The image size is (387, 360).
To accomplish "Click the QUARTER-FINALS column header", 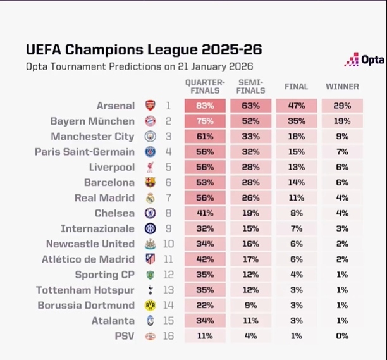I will point(205,87).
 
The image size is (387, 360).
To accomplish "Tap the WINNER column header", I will point(342,87).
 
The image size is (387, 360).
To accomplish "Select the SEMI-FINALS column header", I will point(251,87).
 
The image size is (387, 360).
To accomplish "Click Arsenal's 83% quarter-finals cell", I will point(205,106).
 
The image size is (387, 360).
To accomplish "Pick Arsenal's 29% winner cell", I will point(342,106).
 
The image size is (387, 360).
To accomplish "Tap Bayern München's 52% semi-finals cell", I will point(251,121).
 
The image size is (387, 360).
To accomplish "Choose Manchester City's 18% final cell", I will point(296,137).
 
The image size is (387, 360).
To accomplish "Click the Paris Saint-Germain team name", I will point(94,152).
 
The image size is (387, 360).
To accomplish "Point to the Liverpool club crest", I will point(150,167).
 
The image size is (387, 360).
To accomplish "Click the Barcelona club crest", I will point(150,183).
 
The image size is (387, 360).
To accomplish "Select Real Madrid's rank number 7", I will point(169,198).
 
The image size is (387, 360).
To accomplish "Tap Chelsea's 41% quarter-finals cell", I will point(205,213).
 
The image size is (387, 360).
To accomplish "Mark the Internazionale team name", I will point(97,228).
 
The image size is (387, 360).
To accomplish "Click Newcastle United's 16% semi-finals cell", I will point(251,244).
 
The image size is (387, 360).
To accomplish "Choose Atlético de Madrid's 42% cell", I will point(205,259).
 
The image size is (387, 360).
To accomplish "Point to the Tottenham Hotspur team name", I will point(95,290).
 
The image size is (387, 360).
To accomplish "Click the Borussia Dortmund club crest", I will point(150,306).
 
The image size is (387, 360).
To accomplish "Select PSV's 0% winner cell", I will point(342,336).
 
